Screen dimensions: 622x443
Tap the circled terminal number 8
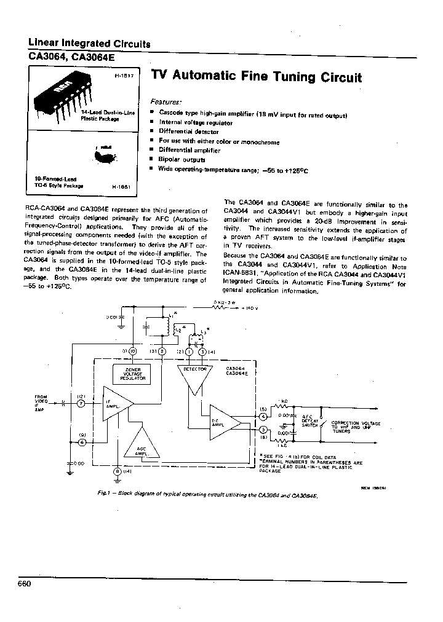click(x=118, y=471)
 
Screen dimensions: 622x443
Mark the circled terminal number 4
click(x=263, y=415)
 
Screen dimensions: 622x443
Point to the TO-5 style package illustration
click(x=104, y=155)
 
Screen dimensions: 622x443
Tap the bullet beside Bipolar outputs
click(x=153, y=159)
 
